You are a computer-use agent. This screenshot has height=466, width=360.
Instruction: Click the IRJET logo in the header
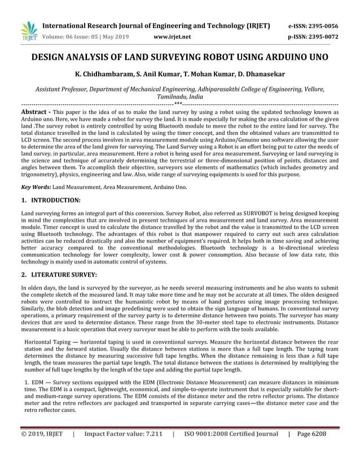point(28,30)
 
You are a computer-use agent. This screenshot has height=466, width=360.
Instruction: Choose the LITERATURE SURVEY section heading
point(64,275)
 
